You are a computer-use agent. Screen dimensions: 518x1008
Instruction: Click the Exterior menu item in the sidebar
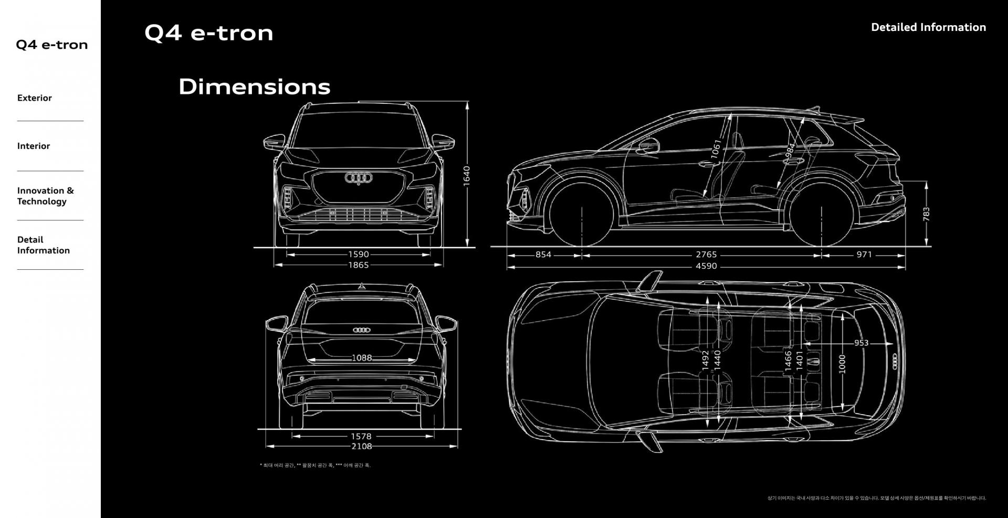35,98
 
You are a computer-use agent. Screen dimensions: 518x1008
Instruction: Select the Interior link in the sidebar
34,146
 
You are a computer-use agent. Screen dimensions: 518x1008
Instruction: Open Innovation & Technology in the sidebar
45,196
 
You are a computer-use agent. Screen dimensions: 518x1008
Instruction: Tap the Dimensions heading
255,87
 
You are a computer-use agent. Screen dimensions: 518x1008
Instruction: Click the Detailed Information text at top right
928,27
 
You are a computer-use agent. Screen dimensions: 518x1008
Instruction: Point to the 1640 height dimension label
466,175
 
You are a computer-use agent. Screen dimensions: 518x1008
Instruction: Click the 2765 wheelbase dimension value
706,255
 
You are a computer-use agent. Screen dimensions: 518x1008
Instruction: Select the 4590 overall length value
706,266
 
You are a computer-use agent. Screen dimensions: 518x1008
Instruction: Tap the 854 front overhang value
543,255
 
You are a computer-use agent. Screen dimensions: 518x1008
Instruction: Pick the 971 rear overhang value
864,255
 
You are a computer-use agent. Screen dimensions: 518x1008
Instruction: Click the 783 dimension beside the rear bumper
926,214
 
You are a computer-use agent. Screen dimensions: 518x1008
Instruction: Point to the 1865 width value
359,265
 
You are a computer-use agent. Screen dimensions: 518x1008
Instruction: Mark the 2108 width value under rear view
362,446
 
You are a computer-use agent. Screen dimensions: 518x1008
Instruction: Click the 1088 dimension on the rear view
362,358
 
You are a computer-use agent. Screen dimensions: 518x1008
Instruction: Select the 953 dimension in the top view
861,343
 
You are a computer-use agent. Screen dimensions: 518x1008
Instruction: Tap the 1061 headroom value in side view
716,149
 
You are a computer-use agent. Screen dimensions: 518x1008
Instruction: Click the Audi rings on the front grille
359,178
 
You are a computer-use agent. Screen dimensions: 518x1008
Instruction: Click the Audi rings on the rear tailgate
362,330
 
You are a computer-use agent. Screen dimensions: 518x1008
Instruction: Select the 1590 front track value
359,255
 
